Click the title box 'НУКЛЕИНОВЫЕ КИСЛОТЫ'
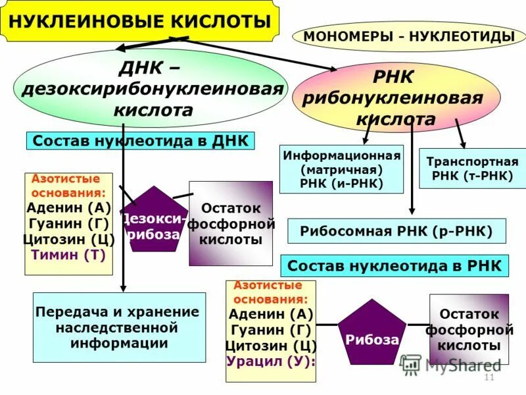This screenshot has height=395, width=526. tap(139, 22)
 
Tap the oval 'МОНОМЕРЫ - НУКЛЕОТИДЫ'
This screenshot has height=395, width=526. tap(409, 37)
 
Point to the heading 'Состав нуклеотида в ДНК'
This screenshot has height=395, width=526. tap(140, 142)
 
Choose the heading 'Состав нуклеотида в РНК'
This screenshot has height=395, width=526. tap(394, 266)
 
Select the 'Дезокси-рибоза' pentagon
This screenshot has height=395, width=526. tap(154, 220)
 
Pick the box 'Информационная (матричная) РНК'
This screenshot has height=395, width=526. tap(341, 169)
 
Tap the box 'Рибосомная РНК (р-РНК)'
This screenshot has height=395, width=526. tap(396, 231)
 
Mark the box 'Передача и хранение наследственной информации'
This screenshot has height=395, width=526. tap(119, 327)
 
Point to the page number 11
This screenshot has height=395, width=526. tap(489, 377)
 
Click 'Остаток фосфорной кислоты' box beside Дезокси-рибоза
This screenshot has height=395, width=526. tap(230, 224)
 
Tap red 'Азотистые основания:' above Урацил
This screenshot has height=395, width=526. tap(265, 291)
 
